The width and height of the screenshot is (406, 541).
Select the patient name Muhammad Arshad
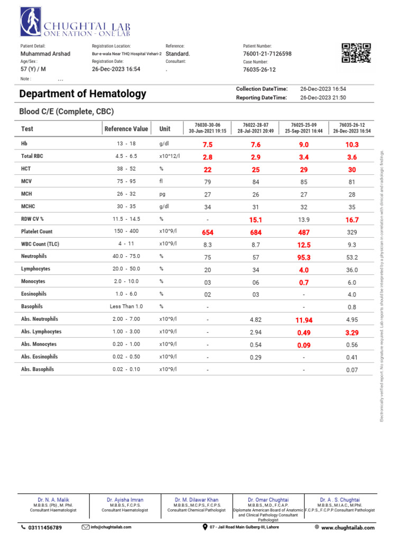coord(45,54)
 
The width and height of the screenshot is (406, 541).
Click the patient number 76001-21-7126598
coord(267,54)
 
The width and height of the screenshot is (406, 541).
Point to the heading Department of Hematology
coord(82,94)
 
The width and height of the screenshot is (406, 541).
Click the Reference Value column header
coord(126,129)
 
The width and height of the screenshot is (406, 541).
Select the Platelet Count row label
coord(37,232)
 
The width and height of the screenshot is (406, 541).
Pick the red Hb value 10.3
coord(352,145)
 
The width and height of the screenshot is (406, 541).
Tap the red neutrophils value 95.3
coord(303,257)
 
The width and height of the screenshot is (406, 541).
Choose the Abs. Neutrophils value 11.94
coord(303,320)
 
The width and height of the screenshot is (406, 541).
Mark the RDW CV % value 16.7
coord(352,220)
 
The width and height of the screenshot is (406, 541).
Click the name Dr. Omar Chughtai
coord(268,499)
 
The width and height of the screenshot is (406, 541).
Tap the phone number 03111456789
coord(44,528)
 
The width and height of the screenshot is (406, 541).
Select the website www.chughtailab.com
coord(347,528)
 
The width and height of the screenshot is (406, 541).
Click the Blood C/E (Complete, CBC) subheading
coord(66,111)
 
